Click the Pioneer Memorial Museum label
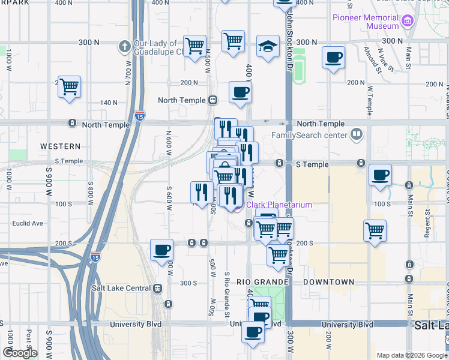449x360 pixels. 366,22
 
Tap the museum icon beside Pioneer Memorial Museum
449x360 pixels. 408,22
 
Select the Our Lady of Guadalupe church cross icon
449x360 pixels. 125,45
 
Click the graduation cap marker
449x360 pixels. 268,46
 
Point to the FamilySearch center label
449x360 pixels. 310,134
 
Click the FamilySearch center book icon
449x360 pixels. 357,134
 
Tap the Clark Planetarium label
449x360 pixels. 279,205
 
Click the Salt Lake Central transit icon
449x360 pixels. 158,288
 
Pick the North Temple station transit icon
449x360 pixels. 212,100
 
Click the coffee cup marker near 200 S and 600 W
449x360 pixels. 161,250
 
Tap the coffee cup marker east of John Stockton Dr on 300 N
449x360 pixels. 333,58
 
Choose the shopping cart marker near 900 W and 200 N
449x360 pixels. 69,87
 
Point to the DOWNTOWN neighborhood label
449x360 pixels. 328,282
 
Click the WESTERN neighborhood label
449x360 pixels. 60,146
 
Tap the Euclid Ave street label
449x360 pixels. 28,224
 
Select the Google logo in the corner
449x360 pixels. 20,353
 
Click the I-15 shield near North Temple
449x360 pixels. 140,114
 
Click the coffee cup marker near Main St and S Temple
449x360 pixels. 380,175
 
